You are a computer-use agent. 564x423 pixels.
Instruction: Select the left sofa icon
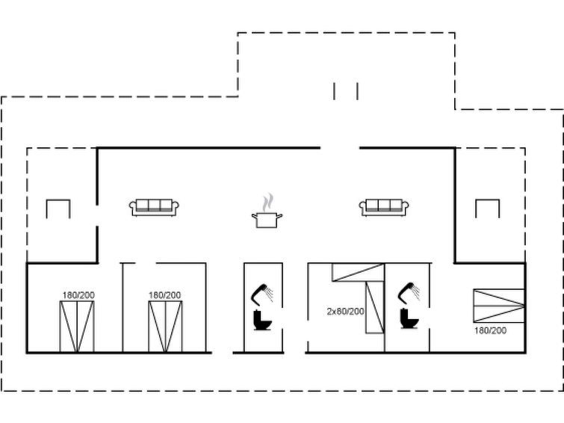154,208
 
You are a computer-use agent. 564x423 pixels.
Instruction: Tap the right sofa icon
384,208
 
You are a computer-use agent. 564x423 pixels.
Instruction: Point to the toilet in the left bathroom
262,320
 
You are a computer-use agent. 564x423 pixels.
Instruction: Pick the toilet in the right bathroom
409,318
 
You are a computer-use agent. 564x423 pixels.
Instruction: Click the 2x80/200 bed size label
345,312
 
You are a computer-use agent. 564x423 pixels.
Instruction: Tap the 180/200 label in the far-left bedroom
78,295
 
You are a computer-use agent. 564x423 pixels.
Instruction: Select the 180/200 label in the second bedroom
165,295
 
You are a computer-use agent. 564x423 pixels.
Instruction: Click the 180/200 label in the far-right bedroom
490,330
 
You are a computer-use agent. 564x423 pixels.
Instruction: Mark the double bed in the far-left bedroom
77,327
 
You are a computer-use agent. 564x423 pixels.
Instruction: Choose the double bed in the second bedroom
165,327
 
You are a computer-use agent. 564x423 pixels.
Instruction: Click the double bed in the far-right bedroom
499,306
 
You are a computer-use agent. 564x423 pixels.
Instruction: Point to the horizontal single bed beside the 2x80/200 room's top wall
359,272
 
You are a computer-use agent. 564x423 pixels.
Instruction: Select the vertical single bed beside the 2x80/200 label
375,307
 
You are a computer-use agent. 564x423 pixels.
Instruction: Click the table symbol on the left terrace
58,209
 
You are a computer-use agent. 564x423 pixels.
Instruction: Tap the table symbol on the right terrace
487,209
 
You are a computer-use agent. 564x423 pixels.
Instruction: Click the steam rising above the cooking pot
268,203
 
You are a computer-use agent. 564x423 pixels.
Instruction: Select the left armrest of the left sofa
133,207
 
